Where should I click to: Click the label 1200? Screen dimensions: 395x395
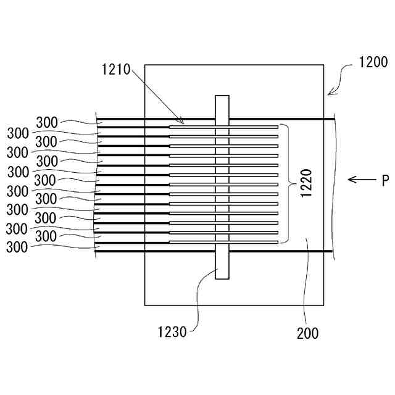coord(372,62)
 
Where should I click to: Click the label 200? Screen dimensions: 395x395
coord(307,333)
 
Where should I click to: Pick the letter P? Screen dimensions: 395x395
coord(385,180)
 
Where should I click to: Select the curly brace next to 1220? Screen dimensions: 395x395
coord(288,183)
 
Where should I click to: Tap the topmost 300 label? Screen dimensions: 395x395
coord(47,123)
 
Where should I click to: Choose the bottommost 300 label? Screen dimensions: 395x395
coord(17,247)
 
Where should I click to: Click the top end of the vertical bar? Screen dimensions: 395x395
coord(222,98)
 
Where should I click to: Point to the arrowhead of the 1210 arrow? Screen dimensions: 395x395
coord(183,122)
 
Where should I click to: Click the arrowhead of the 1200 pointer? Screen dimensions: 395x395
coord(330,94)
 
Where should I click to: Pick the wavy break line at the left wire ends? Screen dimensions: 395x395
coord(98,185)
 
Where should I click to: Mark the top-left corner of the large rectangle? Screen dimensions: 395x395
coord(145,65)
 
